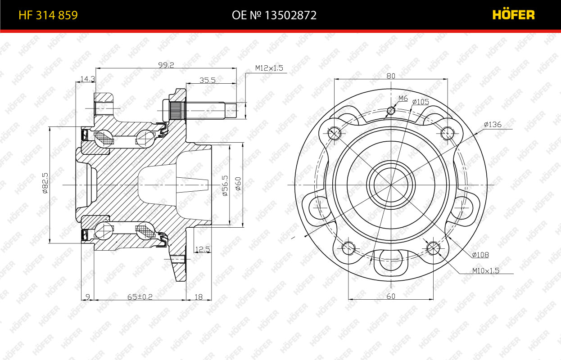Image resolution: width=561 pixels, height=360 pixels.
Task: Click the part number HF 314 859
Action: (48, 15)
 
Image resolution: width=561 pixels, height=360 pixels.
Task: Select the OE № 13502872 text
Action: (274, 15)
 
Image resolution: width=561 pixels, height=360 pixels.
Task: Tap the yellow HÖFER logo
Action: (513, 14)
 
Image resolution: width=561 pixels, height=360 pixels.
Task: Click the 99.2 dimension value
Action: (166, 65)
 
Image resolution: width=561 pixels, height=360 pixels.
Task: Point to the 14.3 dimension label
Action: (88, 79)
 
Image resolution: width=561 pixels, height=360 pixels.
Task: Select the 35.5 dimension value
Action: (208, 80)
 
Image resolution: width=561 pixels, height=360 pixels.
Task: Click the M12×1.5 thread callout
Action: (269, 68)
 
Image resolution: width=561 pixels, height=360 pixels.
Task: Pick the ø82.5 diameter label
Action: (45, 183)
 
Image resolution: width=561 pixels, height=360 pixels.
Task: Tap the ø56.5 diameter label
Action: (225, 185)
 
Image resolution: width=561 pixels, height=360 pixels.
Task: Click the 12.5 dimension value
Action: (203, 249)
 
